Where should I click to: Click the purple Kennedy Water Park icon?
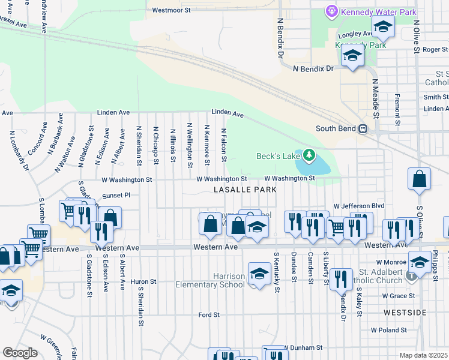point(331,11)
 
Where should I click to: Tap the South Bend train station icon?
point(363,129)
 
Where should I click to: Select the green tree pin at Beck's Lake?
point(309,156)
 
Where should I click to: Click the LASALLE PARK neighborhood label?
point(245,190)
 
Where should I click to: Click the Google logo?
point(20,353)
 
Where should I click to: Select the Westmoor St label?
point(171,10)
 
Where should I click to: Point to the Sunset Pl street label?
point(116,195)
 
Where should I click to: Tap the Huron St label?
point(143,281)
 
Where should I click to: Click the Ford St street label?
point(209,314)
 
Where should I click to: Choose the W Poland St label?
point(390,330)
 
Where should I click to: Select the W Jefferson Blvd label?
point(358,206)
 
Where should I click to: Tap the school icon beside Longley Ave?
point(382,28)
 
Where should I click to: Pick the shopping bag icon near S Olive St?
point(419,179)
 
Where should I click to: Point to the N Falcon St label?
point(223,145)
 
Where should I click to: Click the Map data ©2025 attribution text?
point(424,355)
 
